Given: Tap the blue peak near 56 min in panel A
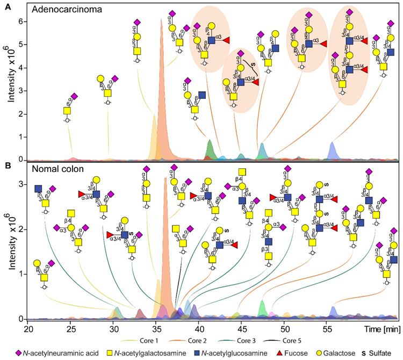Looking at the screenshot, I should [333, 150].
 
